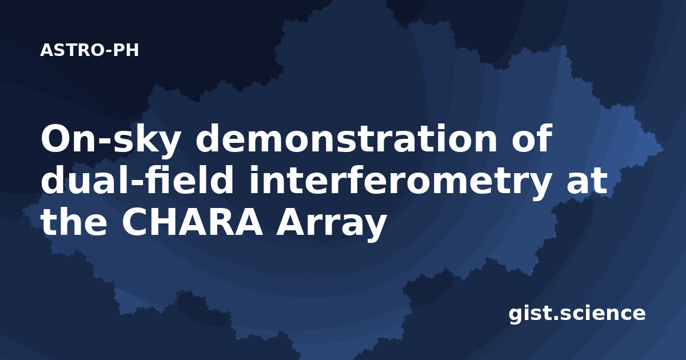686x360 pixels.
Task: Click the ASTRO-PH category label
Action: click(x=89, y=50)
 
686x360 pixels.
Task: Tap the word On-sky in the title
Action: click(x=110, y=139)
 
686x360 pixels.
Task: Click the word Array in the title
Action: click(x=331, y=225)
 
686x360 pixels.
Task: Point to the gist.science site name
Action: click(x=577, y=314)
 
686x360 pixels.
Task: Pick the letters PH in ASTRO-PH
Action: click(x=126, y=50)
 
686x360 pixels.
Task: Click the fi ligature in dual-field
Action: click(x=155, y=179)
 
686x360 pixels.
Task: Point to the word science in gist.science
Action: click(x=603, y=313)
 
